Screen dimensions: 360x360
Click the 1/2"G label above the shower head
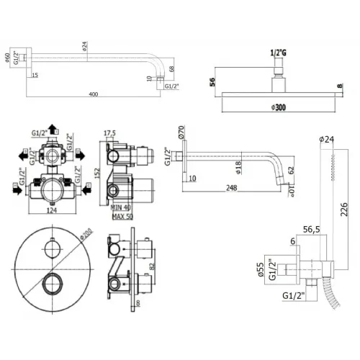coord(277,53)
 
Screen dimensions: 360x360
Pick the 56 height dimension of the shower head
coord(212,81)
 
